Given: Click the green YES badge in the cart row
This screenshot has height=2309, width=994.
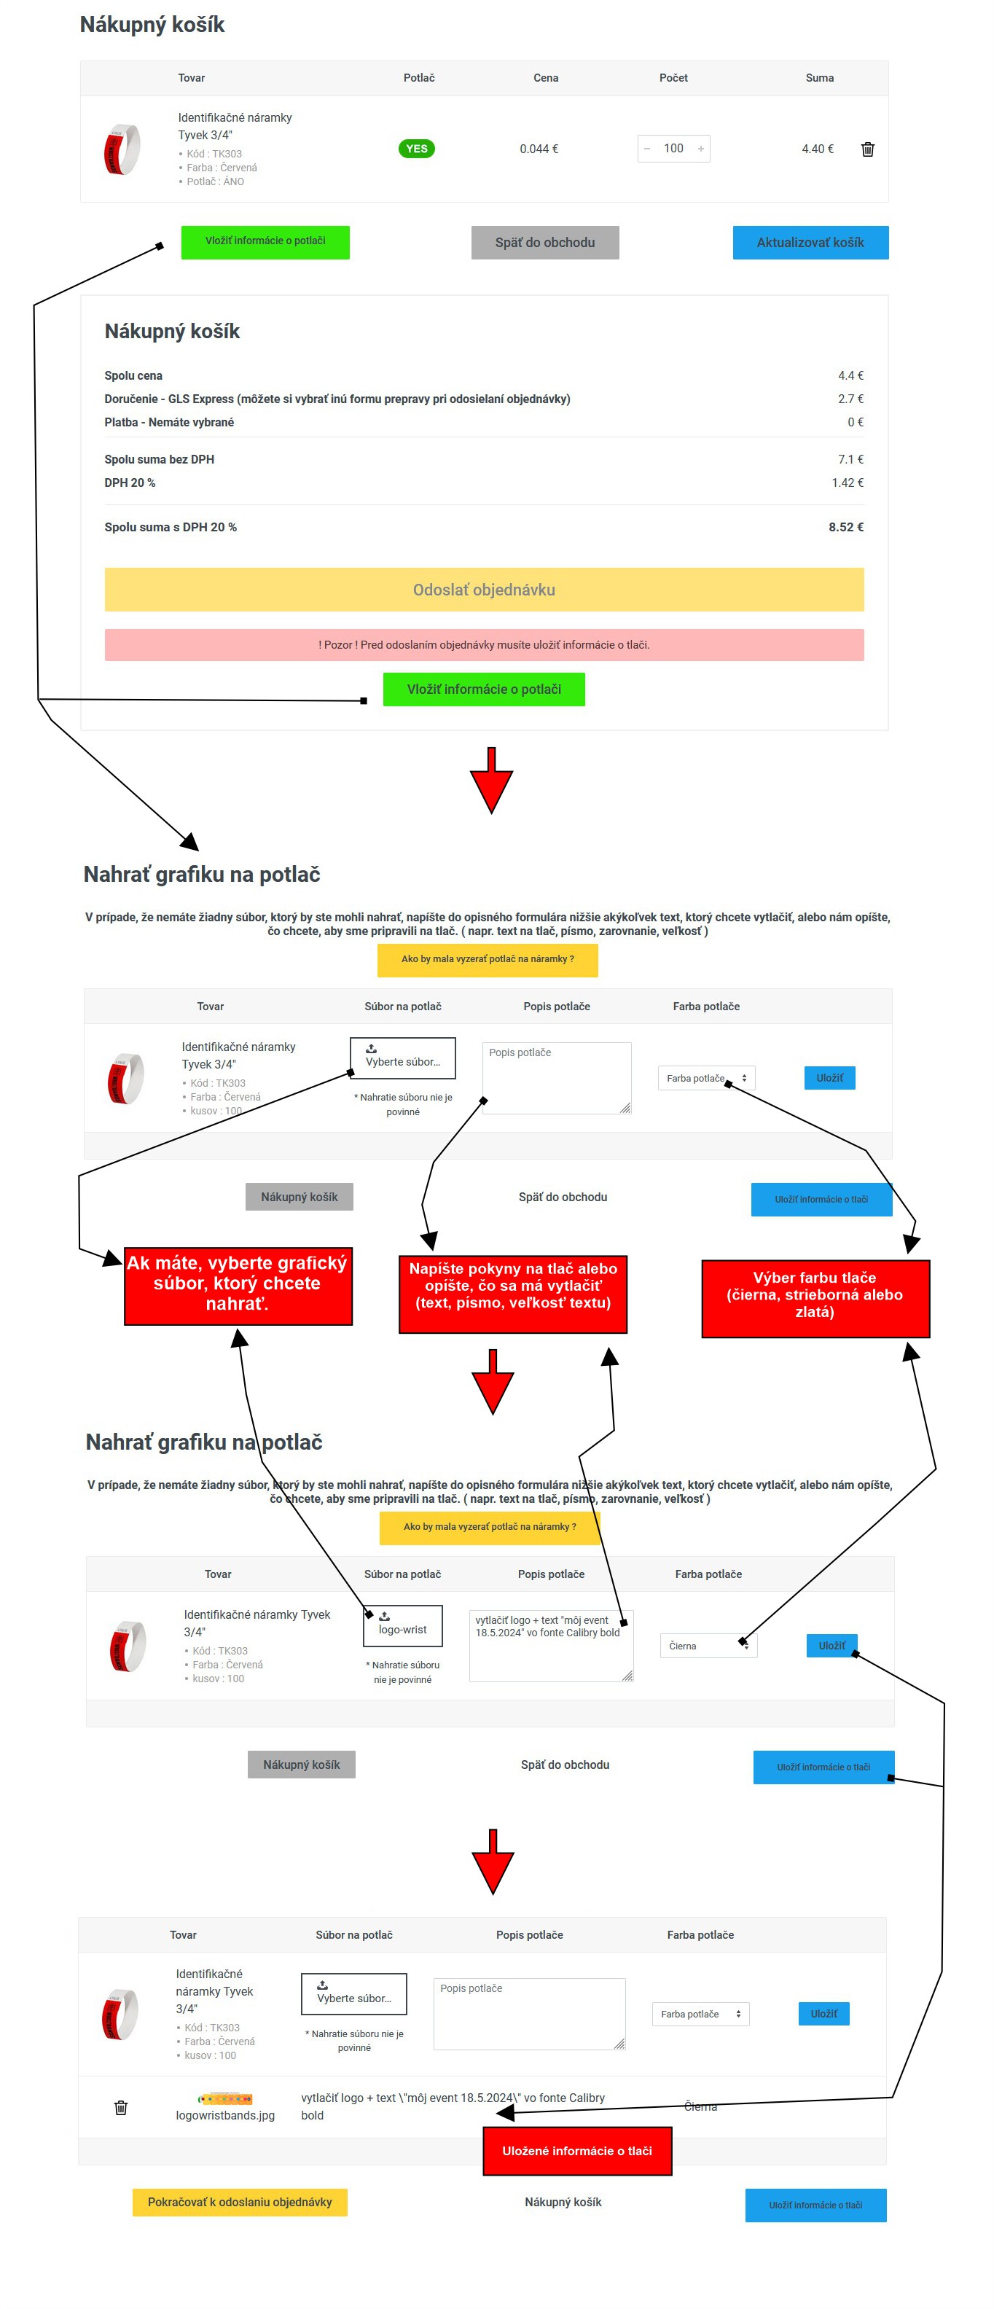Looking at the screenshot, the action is pos(416,149).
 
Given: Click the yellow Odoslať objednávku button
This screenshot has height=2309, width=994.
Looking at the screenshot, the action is pos(484,589).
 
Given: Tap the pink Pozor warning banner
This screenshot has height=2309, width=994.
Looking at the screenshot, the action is pos(484,644).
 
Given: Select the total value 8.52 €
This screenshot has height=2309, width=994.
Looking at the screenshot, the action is pos(845,527).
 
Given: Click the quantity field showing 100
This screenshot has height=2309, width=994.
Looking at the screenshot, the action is pos(673,149).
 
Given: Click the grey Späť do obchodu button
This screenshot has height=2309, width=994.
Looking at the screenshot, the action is pos(545,242).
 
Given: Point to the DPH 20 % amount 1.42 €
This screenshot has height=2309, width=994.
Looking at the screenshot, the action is pos(847,482).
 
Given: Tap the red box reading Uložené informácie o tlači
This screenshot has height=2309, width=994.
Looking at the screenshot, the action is pos(577,2150).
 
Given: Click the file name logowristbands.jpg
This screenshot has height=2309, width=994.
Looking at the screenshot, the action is pos(225,2114).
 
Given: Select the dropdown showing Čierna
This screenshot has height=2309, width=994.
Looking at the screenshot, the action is pos(708,1645).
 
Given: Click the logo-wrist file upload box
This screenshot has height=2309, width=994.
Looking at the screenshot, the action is pos(402,1625).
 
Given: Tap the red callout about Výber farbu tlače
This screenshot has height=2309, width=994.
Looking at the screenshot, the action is pos(815,1298).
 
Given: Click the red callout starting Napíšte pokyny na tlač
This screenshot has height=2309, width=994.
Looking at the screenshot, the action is pos(513,1294).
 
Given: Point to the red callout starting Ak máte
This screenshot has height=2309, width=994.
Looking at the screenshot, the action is pos(238,1286).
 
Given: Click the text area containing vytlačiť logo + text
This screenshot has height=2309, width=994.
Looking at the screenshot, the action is pos(551,1645).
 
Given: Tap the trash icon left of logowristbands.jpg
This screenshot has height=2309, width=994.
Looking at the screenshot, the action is pos(121,2107).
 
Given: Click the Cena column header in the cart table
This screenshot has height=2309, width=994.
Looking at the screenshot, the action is pos(546,78).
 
